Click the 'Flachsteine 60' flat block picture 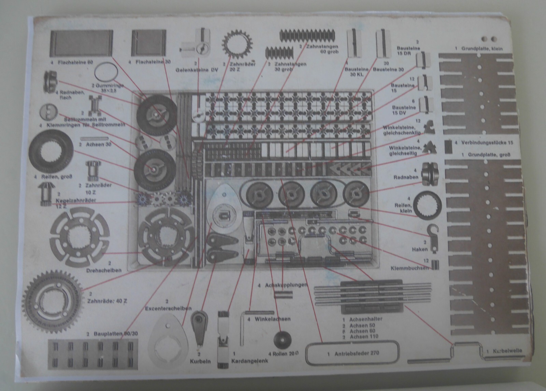tap(81, 43)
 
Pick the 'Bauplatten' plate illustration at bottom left tap(93, 355)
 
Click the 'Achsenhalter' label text tap(366, 319)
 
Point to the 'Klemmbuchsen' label tap(409, 268)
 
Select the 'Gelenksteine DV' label tap(197, 70)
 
